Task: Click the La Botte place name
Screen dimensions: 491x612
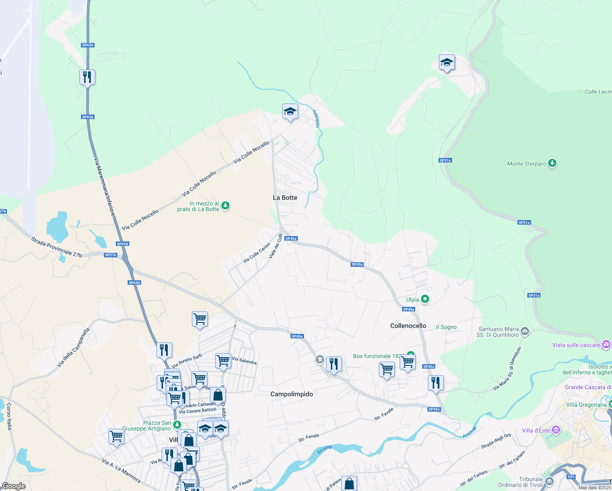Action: click(285, 198)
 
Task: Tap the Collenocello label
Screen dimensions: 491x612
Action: click(408, 326)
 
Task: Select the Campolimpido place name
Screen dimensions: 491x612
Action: click(292, 394)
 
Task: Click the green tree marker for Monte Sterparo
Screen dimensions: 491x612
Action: click(552, 163)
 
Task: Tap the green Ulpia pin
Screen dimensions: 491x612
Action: click(425, 300)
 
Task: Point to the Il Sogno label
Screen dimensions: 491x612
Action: click(446, 327)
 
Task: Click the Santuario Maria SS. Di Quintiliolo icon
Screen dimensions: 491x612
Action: click(525, 331)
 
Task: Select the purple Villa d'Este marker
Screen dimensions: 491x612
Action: click(556, 430)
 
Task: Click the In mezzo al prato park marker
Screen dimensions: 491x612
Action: click(225, 206)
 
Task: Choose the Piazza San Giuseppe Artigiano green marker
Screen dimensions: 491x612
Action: click(177, 425)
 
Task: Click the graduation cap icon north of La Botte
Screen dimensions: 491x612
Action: click(290, 112)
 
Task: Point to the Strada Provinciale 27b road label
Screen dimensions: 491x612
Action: click(56, 247)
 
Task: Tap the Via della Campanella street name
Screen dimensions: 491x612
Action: click(73, 348)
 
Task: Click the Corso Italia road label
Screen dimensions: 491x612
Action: click(9, 417)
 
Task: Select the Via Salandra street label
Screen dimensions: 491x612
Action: click(244, 361)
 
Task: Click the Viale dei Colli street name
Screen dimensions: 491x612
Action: click(276, 246)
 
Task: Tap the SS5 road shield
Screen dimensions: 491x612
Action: click(571, 477)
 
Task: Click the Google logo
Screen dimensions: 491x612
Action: click(13, 486)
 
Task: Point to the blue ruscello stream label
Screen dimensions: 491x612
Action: click(316, 119)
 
